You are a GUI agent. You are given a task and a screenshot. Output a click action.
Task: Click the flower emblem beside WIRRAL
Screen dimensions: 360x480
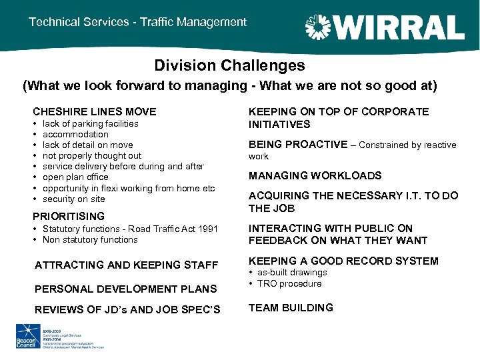(317, 27)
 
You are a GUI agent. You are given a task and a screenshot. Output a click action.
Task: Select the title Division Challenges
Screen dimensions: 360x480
(229, 65)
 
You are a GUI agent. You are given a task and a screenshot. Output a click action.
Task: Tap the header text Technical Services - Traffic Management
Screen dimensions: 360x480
(137, 22)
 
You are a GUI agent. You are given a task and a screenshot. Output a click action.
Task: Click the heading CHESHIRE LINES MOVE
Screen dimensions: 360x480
(95, 112)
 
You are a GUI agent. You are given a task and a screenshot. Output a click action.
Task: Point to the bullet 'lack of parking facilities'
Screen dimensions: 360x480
(90, 123)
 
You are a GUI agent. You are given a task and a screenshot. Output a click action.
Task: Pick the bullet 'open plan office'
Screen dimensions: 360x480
(75, 177)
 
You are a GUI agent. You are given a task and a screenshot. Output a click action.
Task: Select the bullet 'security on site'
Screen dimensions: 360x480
(73, 199)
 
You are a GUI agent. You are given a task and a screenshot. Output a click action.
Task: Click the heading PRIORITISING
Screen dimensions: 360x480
(69, 216)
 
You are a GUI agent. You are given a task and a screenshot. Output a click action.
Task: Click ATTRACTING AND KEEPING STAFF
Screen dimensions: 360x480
(127, 265)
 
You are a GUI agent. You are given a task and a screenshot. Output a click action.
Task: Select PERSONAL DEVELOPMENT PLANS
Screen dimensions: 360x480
(126, 289)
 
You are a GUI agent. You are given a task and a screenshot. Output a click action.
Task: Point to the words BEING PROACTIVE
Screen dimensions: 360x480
(298, 145)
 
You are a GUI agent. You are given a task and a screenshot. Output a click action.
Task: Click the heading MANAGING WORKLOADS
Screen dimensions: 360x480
(315, 176)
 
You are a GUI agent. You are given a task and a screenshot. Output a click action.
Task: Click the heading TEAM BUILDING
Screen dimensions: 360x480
(291, 307)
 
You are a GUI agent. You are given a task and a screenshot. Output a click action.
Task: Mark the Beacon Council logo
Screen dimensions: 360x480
(28, 336)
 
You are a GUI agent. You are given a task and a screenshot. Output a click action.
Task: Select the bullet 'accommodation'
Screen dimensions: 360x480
(75, 134)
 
